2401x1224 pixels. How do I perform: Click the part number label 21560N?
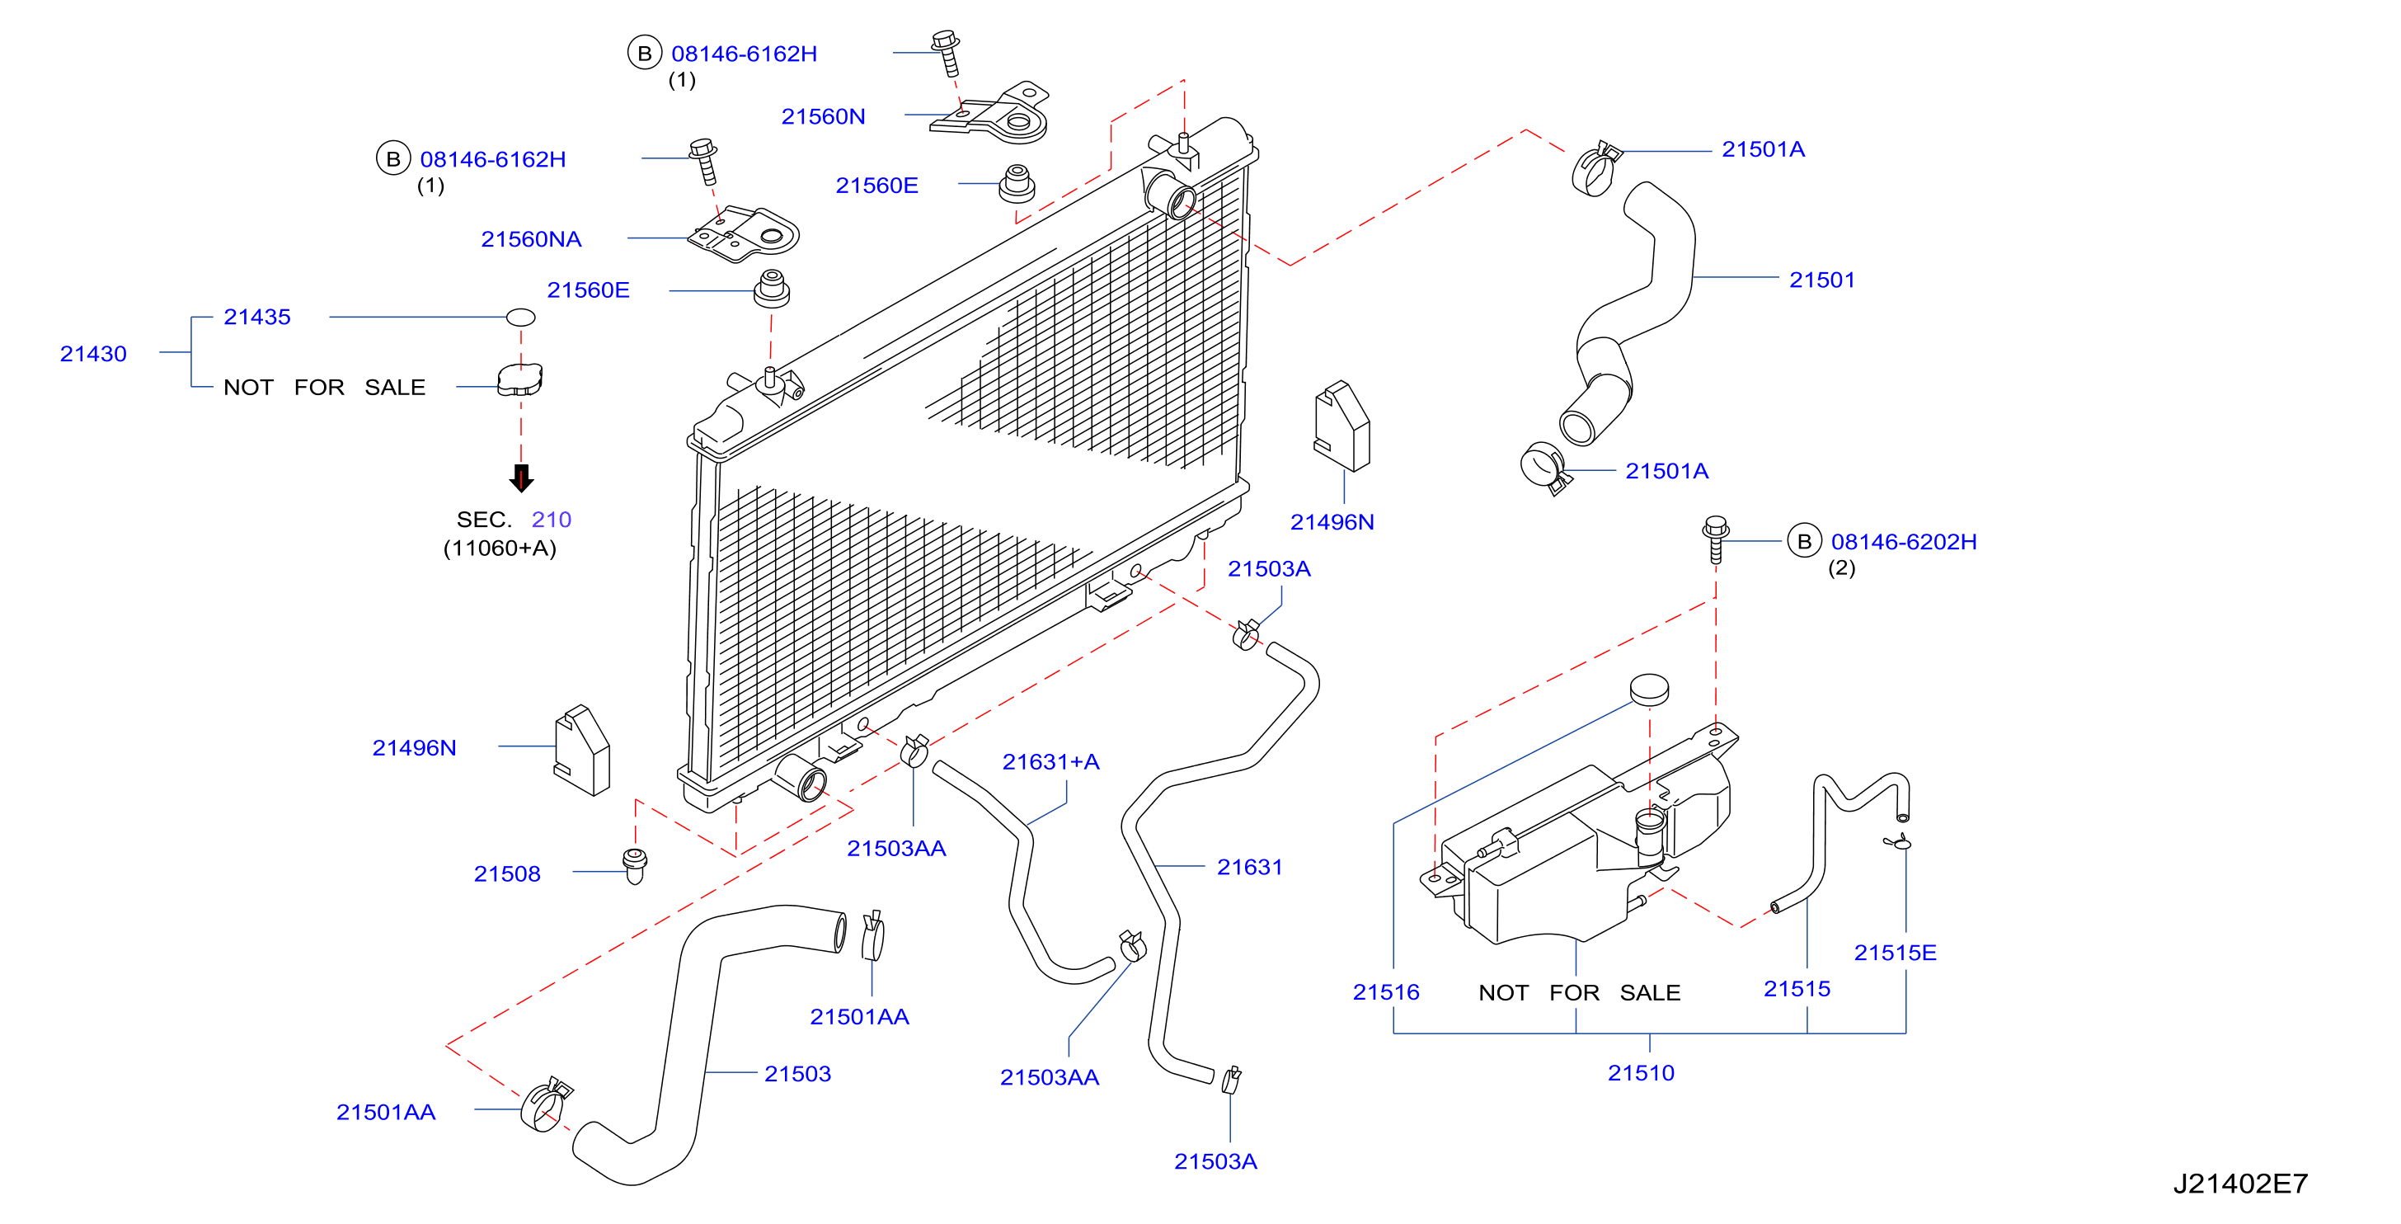823,116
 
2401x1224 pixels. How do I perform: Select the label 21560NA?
531,239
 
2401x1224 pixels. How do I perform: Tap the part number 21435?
257,317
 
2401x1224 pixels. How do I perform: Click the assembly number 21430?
93,354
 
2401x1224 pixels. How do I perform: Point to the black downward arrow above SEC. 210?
521,478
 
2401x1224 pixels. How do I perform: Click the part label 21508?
507,874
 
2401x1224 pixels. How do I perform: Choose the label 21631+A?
1050,763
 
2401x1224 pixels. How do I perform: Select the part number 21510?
1641,1073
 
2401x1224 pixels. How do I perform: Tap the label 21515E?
1895,953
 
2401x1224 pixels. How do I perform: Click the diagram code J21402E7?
2241,1184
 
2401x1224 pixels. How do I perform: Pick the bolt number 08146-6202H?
1903,542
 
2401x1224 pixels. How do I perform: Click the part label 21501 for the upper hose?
1822,280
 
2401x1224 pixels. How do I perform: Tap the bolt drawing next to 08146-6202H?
1715,539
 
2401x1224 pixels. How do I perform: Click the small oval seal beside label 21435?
520,317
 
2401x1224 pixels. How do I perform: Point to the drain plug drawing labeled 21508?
635,866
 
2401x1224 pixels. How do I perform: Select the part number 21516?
1386,993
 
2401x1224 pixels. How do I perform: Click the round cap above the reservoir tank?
1649,690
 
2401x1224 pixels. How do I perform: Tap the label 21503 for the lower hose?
798,1074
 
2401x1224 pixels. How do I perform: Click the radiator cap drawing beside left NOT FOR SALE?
519,379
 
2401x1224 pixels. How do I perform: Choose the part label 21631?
1250,867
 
